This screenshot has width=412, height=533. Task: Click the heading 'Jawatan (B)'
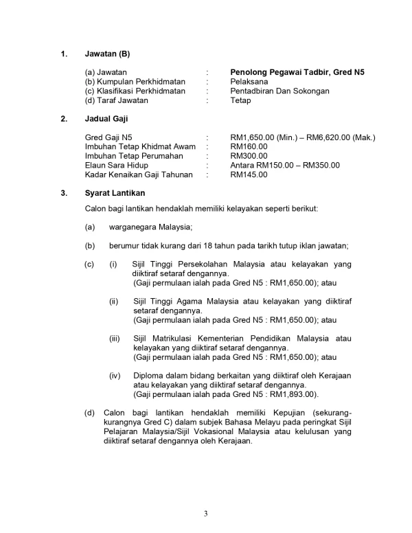107,54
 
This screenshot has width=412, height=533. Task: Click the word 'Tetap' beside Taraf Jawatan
241,100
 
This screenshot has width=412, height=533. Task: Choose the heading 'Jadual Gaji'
106,119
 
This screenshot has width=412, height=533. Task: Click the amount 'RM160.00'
249,146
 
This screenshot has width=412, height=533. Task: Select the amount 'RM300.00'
249,156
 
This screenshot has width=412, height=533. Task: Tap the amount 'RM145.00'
249,174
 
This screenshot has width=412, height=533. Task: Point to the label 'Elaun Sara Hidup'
116,165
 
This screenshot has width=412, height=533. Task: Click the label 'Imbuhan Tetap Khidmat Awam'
140,146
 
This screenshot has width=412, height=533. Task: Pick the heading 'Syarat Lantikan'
115,193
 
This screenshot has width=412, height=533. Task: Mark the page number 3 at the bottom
205,513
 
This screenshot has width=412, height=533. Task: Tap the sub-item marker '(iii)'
115,339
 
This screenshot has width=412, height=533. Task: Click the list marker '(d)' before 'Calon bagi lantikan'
89,413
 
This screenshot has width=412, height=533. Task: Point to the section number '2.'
64,119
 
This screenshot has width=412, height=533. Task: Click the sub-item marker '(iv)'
115,376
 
